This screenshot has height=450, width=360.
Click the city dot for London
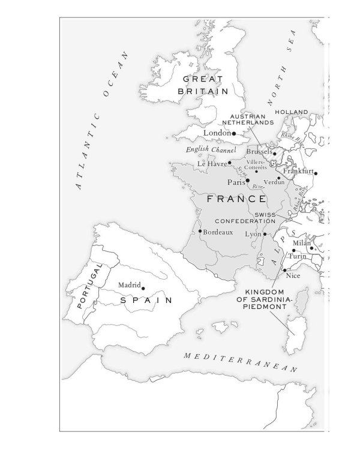tap(234, 133)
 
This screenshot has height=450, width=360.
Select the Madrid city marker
tap(143, 289)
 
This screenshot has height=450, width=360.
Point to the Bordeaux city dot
tap(200, 231)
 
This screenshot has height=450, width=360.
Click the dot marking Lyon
tap(265, 234)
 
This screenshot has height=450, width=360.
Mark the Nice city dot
tap(284, 270)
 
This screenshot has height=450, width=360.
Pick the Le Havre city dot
tap(229, 163)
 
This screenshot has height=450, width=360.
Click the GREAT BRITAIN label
tap(203, 85)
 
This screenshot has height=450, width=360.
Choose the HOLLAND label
tap(291, 112)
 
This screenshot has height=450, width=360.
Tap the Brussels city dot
tap(275, 154)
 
